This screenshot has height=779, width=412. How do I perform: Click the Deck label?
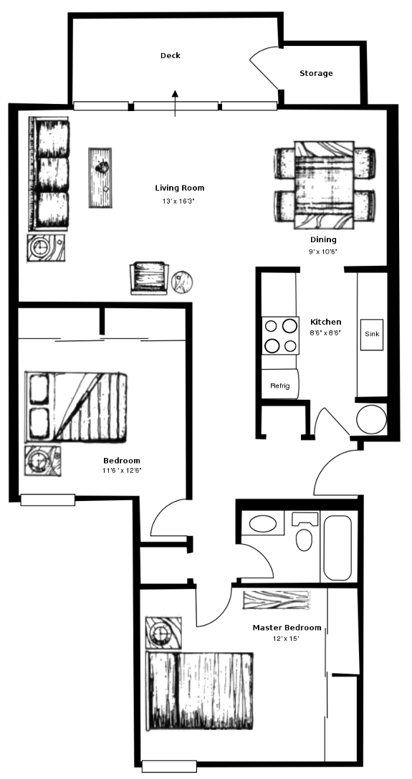tap(170, 56)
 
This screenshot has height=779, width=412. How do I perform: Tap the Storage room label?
tap(316, 74)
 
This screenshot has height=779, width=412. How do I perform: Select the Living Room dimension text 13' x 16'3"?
tap(179, 201)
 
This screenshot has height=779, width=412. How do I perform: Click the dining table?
tap(324, 185)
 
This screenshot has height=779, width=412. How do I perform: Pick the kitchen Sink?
tap(372, 335)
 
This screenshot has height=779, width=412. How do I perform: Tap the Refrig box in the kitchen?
tap(280, 384)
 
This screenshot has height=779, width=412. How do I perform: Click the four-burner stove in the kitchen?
tap(281, 335)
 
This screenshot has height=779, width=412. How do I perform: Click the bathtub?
tap(337, 548)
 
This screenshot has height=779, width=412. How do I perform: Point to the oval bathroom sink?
tap(262, 524)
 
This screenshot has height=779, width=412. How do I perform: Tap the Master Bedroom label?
tap(287, 628)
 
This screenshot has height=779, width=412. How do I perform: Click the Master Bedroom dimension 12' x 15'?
tap(287, 639)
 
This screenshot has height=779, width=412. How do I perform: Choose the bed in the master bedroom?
tap(199, 691)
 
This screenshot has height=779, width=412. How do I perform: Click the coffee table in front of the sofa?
tap(100, 177)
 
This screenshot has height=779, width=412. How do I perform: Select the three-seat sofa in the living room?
tap(49, 174)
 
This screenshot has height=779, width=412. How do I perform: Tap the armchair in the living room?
tap(148, 278)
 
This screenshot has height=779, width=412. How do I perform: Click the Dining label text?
tap(323, 240)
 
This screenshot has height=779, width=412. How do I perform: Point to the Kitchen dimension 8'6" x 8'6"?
tap(325, 333)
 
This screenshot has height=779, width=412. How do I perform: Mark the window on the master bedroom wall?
tap(169, 766)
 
